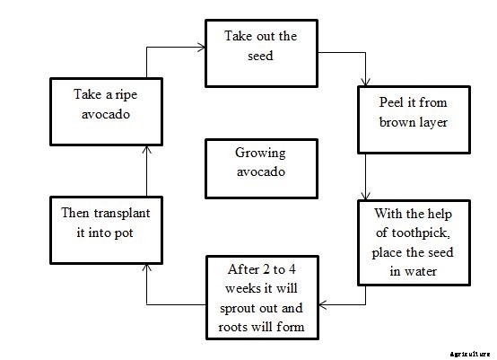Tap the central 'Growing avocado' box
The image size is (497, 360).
click(x=261, y=169)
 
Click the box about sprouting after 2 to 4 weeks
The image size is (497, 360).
click(x=261, y=296)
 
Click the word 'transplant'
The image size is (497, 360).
click(x=118, y=215)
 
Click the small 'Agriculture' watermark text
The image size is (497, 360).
click(x=471, y=353)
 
